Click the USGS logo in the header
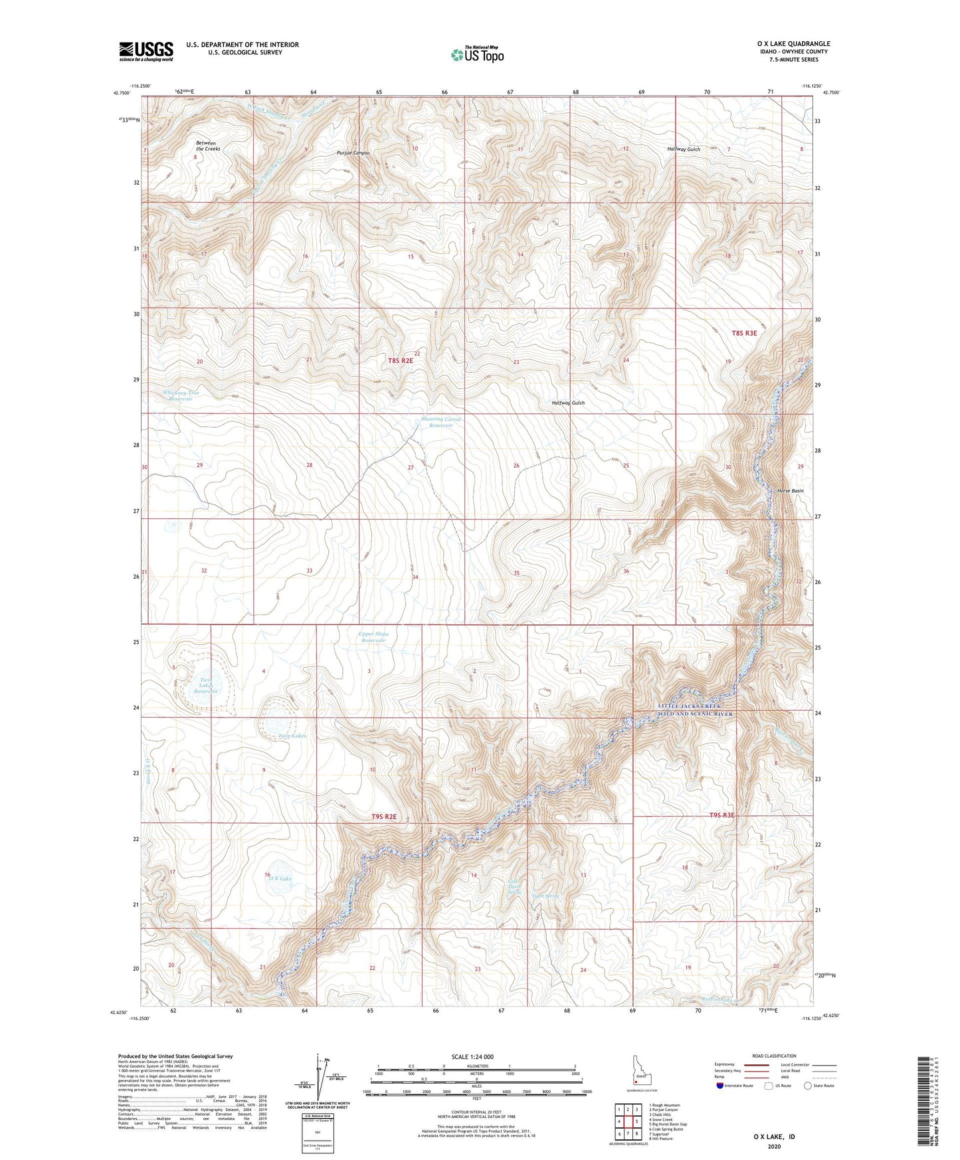click(x=146, y=51)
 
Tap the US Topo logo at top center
click(x=476, y=54)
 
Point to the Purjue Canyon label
click(x=353, y=153)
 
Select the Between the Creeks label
click(x=208, y=145)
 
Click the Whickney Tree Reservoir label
click(x=181, y=396)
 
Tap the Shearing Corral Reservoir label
click(x=440, y=422)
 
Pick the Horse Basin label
click(x=790, y=490)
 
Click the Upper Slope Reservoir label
click(x=373, y=636)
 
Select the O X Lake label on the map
click(x=280, y=878)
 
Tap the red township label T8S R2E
click(x=401, y=360)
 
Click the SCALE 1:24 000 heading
click(x=472, y=1056)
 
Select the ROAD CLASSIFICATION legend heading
click(x=775, y=1056)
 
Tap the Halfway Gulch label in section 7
click(x=684, y=149)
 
